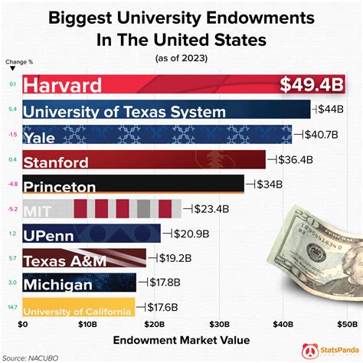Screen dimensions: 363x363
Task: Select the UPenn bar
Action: (x=92, y=234)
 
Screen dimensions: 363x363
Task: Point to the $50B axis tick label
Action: (x=349, y=325)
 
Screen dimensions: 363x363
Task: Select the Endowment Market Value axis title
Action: (x=181, y=339)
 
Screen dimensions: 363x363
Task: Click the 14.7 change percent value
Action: (x=11, y=308)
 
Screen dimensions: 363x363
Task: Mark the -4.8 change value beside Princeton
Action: (x=11, y=185)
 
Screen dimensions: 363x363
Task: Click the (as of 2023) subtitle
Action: (x=181, y=57)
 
